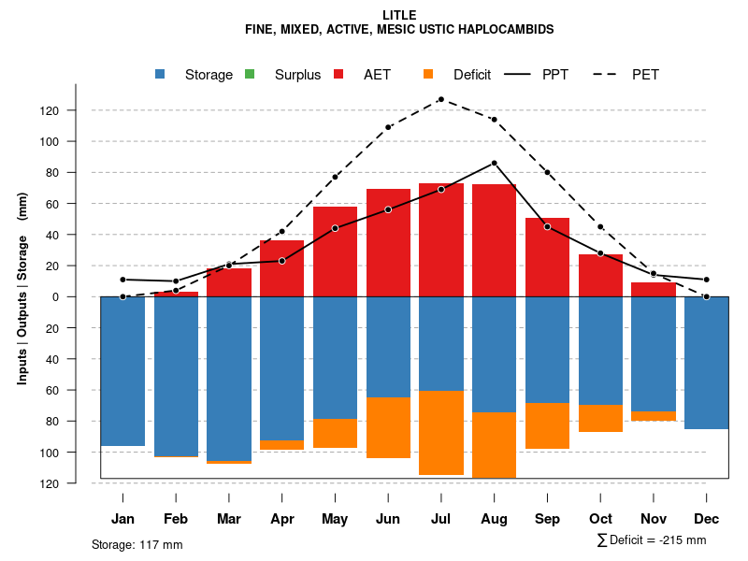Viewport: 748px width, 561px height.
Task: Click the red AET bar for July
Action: tap(441, 239)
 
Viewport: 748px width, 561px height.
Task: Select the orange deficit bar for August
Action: tap(494, 445)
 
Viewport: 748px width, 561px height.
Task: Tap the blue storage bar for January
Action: tap(122, 371)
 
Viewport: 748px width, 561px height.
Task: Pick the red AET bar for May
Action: tap(335, 252)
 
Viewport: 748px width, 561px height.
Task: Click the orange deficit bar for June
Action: tap(388, 427)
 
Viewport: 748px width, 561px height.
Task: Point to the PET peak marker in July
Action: tap(440, 99)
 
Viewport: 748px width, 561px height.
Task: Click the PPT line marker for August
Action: tap(494, 163)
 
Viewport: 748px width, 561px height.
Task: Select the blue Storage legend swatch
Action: tap(161, 75)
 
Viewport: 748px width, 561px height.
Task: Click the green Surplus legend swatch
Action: tap(250, 75)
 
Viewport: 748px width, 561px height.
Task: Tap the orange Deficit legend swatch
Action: tap(428, 75)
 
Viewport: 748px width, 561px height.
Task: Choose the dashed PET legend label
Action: tap(645, 75)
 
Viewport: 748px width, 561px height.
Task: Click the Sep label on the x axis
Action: tap(547, 519)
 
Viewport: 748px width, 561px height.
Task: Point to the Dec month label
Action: tap(707, 519)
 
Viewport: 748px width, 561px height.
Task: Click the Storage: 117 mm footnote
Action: tap(137, 544)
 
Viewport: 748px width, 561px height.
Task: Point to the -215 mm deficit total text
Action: tap(681, 540)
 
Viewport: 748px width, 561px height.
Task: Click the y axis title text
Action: tap(22, 297)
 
